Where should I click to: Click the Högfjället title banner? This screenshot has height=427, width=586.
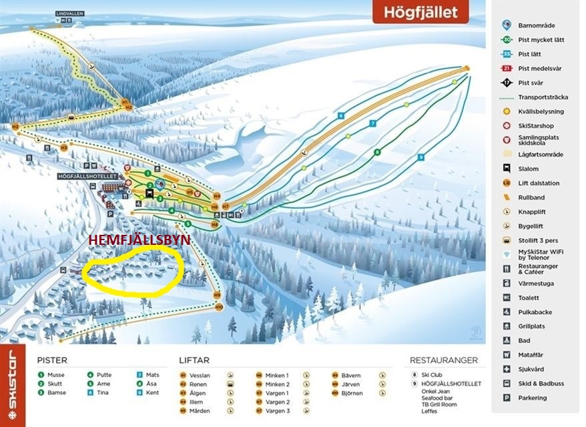click(x=420, y=11)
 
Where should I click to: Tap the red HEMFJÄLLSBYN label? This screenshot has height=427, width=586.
click(x=140, y=240)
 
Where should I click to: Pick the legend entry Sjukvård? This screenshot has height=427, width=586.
click(x=532, y=369)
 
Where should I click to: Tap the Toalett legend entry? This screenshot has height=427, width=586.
click(x=529, y=298)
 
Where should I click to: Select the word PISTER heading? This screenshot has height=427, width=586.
click(x=52, y=360)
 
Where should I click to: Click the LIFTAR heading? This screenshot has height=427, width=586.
click(x=194, y=360)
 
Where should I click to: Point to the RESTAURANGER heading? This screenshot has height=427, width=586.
click(x=444, y=360)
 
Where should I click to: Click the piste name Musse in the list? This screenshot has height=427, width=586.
click(x=56, y=375)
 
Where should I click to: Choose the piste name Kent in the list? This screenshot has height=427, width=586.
click(x=152, y=392)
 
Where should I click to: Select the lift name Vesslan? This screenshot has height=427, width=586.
click(x=200, y=375)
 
